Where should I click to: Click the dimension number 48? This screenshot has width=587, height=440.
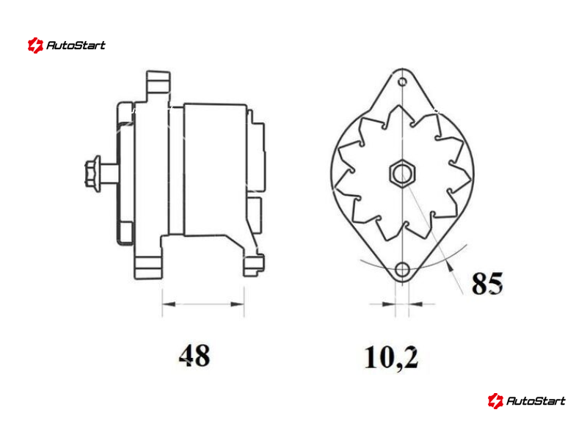click(x=194, y=355)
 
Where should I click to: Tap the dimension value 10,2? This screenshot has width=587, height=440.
click(x=391, y=357)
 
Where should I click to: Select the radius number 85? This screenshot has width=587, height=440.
click(x=487, y=283)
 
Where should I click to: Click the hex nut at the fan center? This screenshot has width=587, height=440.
click(x=402, y=173)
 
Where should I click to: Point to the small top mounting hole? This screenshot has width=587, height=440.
click(x=402, y=81)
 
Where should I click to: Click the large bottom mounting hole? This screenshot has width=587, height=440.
click(x=402, y=269)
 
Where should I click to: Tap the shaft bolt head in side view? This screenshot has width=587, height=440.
click(x=93, y=174)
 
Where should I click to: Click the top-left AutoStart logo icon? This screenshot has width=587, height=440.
click(x=35, y=45)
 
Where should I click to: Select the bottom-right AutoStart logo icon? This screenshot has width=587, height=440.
click(x=495, y=400)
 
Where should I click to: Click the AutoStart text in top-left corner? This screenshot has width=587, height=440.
click(x=76, y=45)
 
